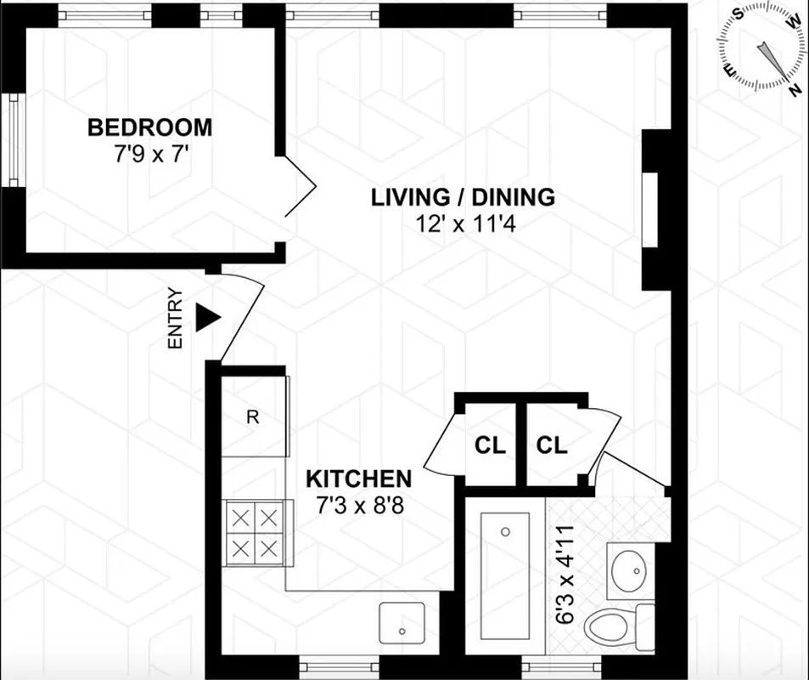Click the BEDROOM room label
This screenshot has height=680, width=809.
coord(150,128)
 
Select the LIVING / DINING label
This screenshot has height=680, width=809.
coord(463,197)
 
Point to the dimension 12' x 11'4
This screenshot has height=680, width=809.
coord(463,224)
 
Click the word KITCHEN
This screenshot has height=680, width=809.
coord(358,479)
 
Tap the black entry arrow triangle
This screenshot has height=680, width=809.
coord(207,318)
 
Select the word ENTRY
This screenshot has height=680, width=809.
coord(176,319)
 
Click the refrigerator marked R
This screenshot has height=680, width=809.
coord(253,416)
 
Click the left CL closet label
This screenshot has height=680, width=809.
coord(490,445)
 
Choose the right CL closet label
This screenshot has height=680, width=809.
coord(552,445)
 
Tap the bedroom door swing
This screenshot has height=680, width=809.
coord(300,185)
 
